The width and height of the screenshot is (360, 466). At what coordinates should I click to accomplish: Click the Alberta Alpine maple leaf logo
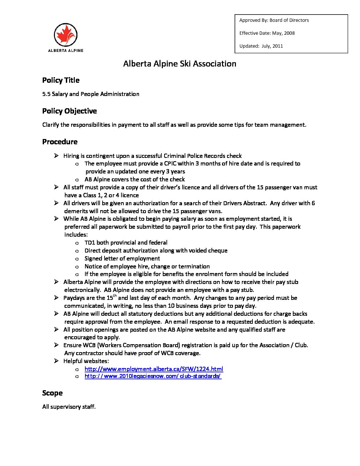(x=66, y=35)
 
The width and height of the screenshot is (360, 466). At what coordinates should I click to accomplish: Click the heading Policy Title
(x=61, y=80)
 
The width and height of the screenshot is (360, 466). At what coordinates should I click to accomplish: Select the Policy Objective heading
(x=69, y=111)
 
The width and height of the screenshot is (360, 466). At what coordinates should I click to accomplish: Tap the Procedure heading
(x=60, y=142)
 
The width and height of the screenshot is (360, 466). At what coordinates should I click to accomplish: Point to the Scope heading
(x=52, y=393)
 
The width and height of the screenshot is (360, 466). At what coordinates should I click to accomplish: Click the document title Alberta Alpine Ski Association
(x=180, y=64)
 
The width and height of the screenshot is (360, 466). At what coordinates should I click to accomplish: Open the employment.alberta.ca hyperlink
(x=154, y=369)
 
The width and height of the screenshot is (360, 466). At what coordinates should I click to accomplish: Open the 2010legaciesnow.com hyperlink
(x=153, y=376)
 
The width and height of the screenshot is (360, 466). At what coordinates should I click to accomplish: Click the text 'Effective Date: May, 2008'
(x=267, y=33)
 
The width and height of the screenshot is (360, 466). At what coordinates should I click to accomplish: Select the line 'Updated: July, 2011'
(x=261, y=46)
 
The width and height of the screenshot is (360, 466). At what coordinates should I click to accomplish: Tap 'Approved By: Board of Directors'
(x=274, y=20)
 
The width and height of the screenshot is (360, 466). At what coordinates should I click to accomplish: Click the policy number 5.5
(x=46, y=94)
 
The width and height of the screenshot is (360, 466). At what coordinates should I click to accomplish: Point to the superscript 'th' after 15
(x=115, y=296)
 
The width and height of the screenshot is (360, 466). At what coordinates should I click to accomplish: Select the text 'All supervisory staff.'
(x=69, y=407)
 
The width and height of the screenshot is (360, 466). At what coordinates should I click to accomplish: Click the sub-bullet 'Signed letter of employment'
(x=122, y=258)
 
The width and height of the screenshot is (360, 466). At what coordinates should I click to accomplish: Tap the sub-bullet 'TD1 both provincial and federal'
(x=126, y=243)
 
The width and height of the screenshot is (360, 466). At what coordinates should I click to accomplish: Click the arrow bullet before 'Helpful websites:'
(x=57, y=361)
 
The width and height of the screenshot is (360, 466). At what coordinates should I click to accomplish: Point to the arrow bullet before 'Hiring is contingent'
(x=57, y=156)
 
